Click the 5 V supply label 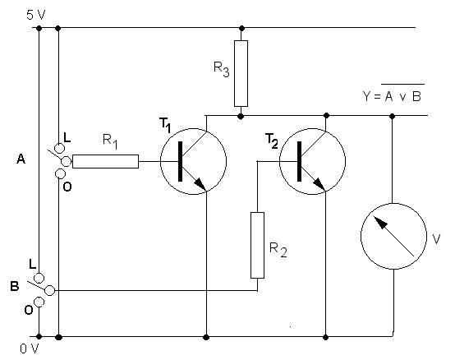click(36, 15)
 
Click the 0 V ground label click(30, 348)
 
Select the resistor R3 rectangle click(241, 73)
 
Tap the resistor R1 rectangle click(105, 161)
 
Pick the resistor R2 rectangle click(257, 245)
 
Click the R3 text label click(222, 69)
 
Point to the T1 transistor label click(165, 125)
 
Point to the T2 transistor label click(272, 141)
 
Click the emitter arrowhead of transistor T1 click(200, 184)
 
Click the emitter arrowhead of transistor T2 click(319, 184)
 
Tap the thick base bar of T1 click(180, 161)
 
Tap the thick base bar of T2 click(300, 161)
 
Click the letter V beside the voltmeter click(436, 239)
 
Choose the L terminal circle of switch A click(59, 148)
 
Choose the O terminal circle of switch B click(39, 302)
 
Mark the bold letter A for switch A click(21, 159)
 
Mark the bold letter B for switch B click(15, 286)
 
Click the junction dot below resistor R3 click(241, 117)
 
